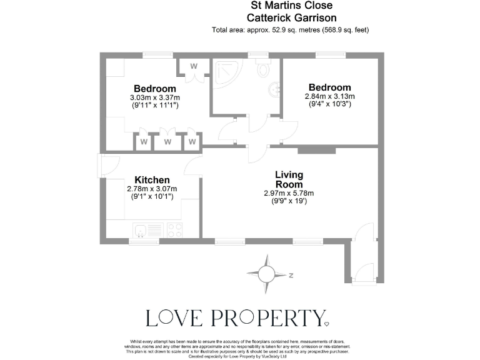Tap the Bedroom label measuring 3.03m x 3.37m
pyautogui.click(x=154, y=89)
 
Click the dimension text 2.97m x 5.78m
pyautogui.click(x=288, y=193)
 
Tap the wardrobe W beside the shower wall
pyautogui.click(x=194, y=66)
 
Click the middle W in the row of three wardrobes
pyautogui.click(x=167, y=142)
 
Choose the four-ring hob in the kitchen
pyautogui.click(x=173, y=229)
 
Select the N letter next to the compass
pyautogui.click(x=291, y=274)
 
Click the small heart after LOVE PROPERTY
pyautogui.click(x=326, y=324)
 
